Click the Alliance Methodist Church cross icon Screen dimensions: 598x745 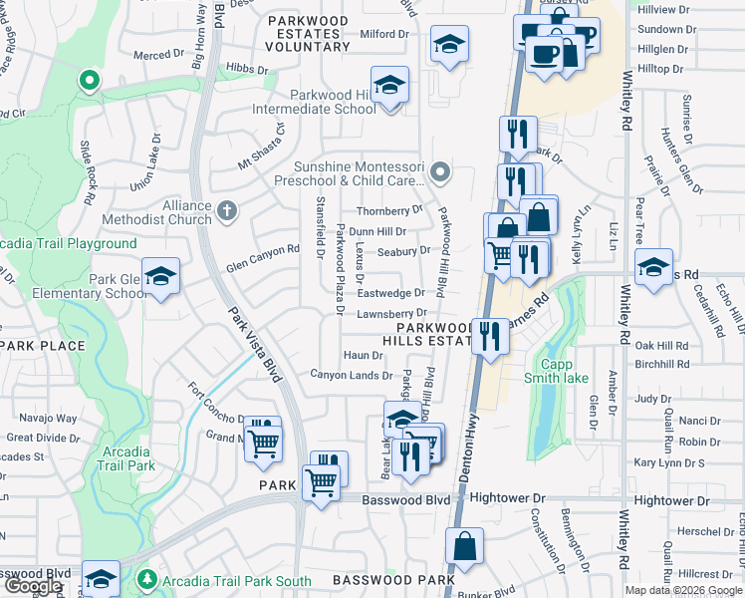227,211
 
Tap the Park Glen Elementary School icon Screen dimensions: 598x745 159,277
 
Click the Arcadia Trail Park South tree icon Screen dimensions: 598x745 146,579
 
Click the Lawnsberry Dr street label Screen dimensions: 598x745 391,314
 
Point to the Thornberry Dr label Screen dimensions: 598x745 389,210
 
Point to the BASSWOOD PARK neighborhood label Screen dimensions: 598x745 393,579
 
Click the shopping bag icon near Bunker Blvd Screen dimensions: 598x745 465,546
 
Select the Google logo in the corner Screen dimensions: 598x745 33,586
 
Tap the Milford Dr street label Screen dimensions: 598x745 384,34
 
